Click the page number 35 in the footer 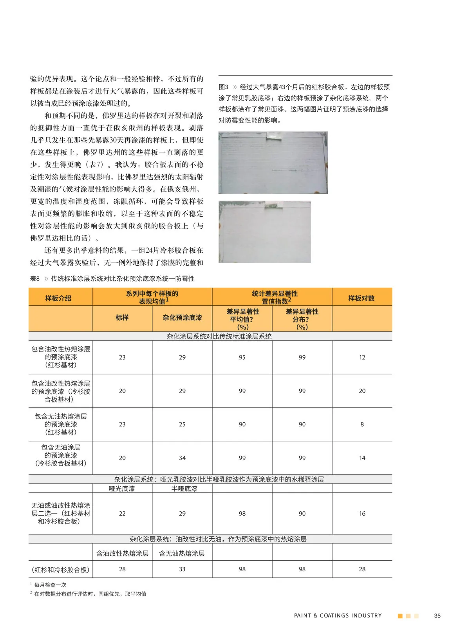coord(437,616)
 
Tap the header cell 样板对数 coord(362,298)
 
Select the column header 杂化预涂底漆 coord(182,318)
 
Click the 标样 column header coord(122,318)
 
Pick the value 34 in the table coord(182,458)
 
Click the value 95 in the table coord(242,357)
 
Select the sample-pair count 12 coord(362,357)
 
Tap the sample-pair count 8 coord(362,424)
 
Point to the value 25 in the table coord(182,424)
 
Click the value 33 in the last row coord(182,569)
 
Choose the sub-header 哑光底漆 coord(122,489)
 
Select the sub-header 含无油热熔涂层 coord(182,553)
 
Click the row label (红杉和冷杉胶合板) coord(60,569)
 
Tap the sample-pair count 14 coord(362,458)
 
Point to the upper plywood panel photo coord(273,163)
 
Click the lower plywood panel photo coord(264,232)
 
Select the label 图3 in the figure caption coord(223,87)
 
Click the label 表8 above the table coord(35,279)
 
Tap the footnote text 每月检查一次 coord(50,585)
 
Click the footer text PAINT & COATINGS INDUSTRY coord(338,616)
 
